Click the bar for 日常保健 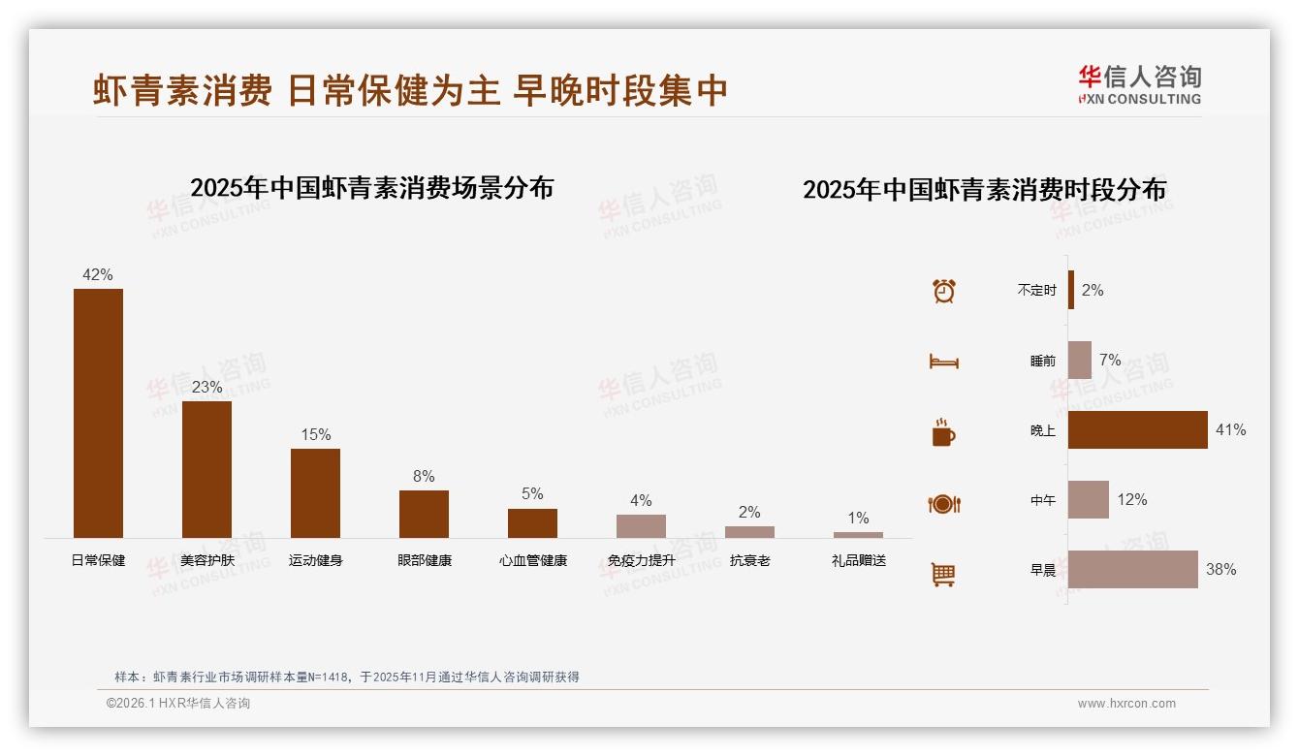pos(98,413)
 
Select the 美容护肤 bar pos(206,469)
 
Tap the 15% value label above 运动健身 pos(315,434)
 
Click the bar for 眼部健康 pos(424,514)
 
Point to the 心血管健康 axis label pos(532,560)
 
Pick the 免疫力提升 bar pos(641,525)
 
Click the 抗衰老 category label pos(749,560)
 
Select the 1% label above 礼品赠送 pos(858,518)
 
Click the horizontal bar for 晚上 pos(1137,429)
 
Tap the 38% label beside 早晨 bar pos(1220,570)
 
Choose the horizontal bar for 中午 pos(1088,500)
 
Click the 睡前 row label pos(1042,361)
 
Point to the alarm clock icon pos(943,291)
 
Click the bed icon pos(943,362)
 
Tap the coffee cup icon pos(943,432)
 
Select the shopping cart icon pos(943,574)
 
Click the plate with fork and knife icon pos(943,504)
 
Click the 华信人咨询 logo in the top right pos(1139,84)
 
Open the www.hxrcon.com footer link pos(1126,704)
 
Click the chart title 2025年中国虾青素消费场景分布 pos(371,188)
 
